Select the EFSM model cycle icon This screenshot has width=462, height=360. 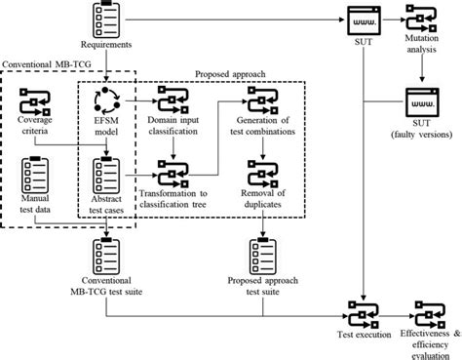pyautogui.click(x=104, y=101)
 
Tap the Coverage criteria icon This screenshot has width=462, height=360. pyautogui.click(x=34, y=101)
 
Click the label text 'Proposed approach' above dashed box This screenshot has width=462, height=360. pyautogui.click(x=233, y=73)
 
